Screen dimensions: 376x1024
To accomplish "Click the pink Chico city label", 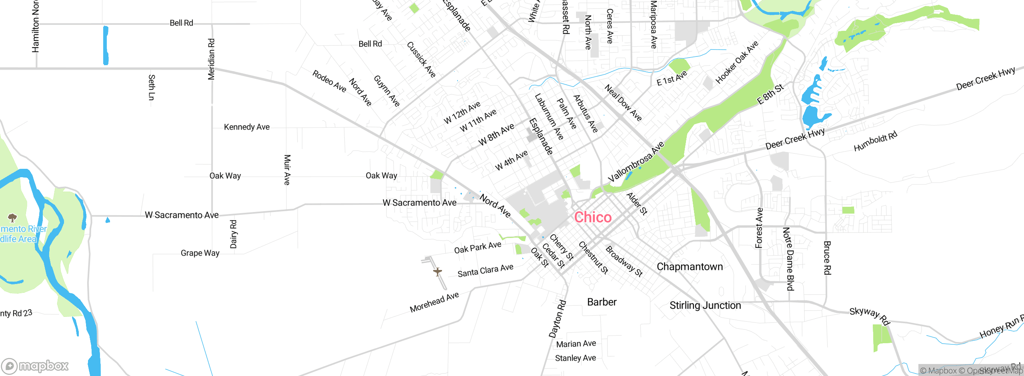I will [593, 217].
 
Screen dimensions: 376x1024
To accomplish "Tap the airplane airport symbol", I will [438, 272].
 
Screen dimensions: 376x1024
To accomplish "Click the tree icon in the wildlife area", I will [12, 218].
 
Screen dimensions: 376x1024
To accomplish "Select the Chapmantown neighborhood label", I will [690, 267].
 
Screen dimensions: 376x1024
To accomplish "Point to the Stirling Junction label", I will [705, 306].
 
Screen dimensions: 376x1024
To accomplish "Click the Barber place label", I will [602, 302].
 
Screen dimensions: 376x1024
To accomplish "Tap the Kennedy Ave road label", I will [246, 127].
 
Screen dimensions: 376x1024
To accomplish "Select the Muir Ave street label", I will [287, 170].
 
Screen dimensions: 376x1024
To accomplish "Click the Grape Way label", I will [200, 253].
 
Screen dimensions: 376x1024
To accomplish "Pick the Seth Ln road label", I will [152, 87].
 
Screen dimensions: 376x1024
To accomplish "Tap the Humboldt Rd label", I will [875, 142].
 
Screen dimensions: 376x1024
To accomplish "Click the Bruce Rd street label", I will [827, 258].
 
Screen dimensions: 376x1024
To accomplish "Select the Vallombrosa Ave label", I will [636, 161].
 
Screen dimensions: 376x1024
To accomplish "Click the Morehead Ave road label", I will [434, 302].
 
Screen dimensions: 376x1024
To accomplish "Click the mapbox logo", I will [35, 366].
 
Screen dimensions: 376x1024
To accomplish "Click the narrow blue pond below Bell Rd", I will [106, 45].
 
